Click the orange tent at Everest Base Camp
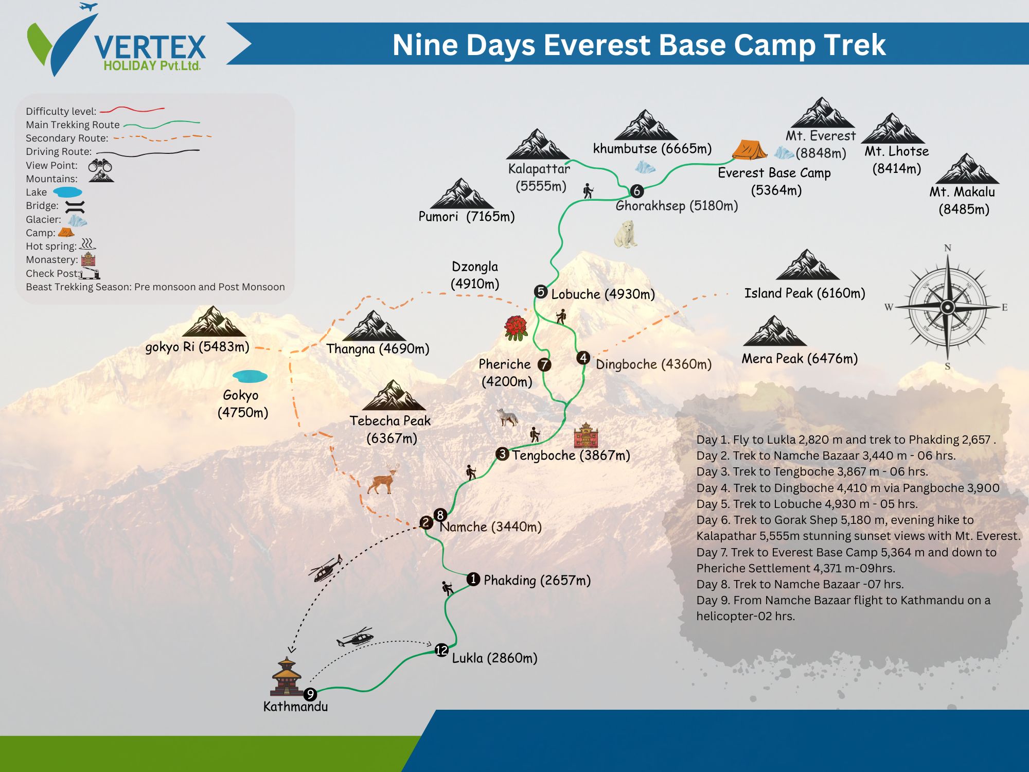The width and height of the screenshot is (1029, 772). point(749,150)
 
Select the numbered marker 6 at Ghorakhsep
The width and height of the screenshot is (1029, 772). point(637,191)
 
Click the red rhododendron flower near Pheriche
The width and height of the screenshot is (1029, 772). point(516,328)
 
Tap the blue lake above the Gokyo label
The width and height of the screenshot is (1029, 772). point(250,376)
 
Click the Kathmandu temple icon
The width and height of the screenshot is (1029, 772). point(287,676)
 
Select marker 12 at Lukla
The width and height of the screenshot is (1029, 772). point(441,650)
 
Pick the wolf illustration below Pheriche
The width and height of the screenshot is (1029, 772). point(508,417)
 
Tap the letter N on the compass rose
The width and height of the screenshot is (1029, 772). point(948,248)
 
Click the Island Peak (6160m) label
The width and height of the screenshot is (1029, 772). point(805,293)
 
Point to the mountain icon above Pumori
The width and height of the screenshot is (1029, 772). point(462,194)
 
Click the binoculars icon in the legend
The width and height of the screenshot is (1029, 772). point(100,166)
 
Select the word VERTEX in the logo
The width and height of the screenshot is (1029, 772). point(150,47)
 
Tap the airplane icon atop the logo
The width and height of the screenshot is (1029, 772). point(89,7)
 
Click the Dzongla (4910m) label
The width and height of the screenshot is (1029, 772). point(475,275)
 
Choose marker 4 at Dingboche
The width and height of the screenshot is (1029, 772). point(583,358)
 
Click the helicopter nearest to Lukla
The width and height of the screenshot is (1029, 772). point(356,637)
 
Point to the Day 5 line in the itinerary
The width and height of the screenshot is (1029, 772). point(807,504)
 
